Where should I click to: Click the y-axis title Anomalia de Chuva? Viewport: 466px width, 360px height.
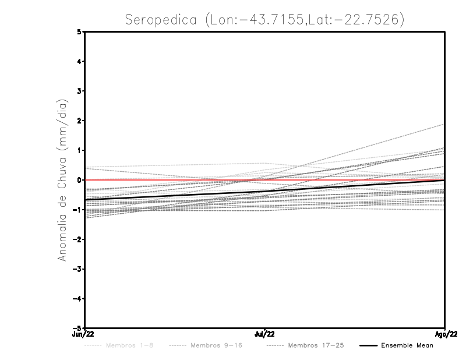pos(62,180)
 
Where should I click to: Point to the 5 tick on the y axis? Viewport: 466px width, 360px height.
pos(79,32)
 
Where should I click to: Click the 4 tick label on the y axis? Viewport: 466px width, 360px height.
pos(79,61)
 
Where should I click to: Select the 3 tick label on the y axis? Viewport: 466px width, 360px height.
pos(79,91)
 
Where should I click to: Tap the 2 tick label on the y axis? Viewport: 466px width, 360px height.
pos(79,121)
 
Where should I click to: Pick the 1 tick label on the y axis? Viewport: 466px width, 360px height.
pos(79,150)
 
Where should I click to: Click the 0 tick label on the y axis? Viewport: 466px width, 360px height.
pos(79,180)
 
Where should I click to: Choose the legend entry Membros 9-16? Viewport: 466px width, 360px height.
pos(216,346)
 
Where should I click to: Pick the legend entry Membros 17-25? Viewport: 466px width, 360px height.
pos(316,346)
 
